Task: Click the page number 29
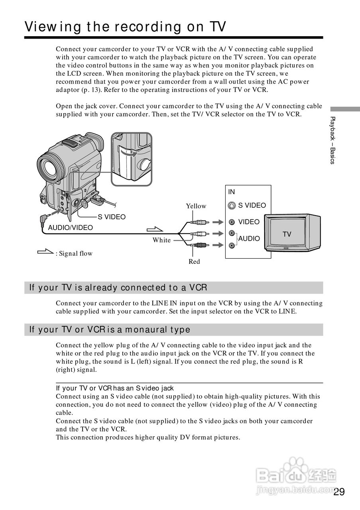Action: tap(339, 492)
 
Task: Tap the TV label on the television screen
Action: tap(287, 234)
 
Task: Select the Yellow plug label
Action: tap(196, 206)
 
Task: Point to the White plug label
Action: tap(161, 240)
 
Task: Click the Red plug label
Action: tap(194, 261)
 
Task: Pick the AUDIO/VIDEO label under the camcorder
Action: tap(70, 228)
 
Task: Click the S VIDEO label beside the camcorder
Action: tap(112, 217)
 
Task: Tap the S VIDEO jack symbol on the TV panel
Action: tap(232, 206)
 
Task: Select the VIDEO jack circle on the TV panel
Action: tap(232, 222)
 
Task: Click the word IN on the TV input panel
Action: tap(232, 192)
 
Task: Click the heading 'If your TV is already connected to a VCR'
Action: tap(118, 288)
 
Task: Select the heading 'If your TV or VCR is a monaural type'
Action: tap(110, 330)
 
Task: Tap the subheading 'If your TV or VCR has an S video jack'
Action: tap(115, 388)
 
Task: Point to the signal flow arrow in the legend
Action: tap(45, 252)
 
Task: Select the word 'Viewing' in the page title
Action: tap(49, 27)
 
